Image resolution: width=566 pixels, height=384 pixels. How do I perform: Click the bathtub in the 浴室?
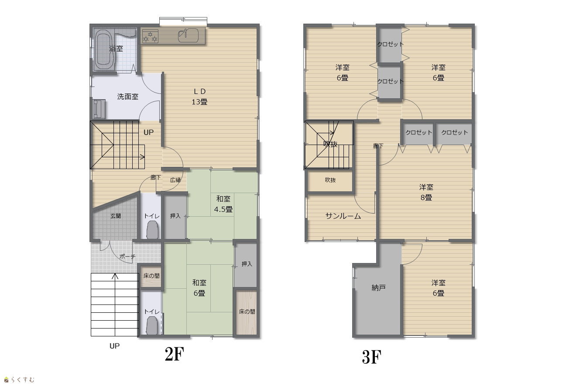pos(104,49)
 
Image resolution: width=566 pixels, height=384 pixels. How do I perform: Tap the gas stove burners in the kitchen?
pos(150,36)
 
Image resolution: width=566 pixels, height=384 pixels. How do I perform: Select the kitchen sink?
pos(188,35)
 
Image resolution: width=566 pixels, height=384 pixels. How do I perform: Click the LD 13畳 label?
pos(199,97)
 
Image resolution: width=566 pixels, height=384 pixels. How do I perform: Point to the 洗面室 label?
pos(127,97)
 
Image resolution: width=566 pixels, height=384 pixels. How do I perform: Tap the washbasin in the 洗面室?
pos(99,109)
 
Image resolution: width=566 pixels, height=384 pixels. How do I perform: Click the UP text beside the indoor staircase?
pos(148,132)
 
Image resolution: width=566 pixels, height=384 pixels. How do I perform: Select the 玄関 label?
pos(116,216)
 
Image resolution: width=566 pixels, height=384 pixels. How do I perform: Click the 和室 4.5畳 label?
pos(223,204)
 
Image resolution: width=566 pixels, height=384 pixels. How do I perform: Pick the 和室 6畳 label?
pos(199,287)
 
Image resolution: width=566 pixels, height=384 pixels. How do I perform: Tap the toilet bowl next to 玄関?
pos(153,230)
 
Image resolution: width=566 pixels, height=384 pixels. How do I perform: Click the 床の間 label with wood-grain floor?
pos(247,311)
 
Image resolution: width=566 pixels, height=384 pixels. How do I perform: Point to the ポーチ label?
pos(127,256)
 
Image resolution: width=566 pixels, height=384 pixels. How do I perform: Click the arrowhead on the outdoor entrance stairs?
pos(115,276)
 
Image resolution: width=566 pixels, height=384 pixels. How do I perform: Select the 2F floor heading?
pos(175,354)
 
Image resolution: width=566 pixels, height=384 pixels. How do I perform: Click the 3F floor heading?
pos(371,357)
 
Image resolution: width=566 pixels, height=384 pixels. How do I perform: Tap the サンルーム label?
pos(343,216)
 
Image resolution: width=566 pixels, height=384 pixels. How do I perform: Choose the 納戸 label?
pos(378,287)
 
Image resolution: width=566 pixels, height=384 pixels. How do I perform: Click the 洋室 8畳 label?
pos(426,192)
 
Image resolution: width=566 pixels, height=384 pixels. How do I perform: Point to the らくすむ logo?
pos(19,380)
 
